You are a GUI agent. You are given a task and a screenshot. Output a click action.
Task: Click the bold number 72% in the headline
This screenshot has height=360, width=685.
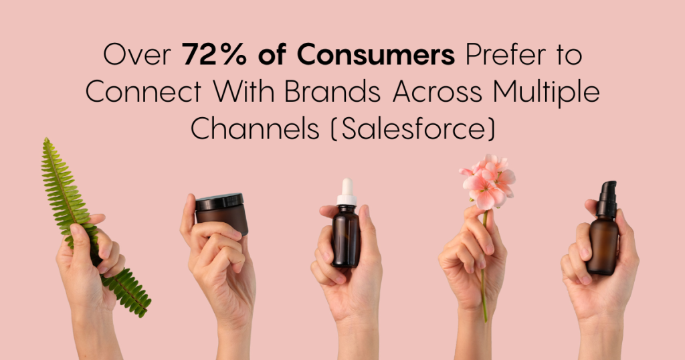coord(214,55)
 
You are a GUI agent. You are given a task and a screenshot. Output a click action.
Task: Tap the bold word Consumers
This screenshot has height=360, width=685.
coord(376,55)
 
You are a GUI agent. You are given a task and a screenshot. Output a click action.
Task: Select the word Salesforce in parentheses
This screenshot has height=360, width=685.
coord(413,128)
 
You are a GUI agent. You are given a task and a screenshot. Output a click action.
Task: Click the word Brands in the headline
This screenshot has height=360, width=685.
coord(332,92)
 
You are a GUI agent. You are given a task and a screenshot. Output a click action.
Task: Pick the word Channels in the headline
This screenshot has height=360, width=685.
coord(255,128)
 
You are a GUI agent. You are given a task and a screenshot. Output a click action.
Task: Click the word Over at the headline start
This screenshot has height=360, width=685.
coord(137,56)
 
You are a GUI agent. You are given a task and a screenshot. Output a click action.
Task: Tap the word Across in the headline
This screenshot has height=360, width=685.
coord(437,92)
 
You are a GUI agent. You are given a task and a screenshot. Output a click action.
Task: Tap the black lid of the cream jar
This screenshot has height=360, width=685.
coord(219,202)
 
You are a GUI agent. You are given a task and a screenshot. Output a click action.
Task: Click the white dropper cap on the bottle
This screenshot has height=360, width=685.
coord(347,192)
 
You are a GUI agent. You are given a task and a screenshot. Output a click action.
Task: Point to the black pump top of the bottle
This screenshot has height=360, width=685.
coord(607,199)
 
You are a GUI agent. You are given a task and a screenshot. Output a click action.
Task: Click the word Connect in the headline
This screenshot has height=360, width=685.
coord(144,92)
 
